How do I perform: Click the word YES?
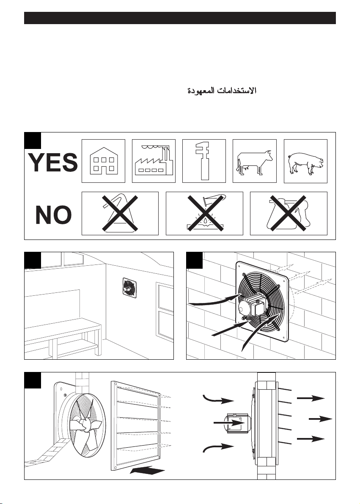click(53, 162)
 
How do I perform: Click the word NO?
click(53, 215)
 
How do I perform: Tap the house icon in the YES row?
click(104, 161)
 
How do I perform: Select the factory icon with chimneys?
click(154, 161)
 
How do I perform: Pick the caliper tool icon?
click(204, 161)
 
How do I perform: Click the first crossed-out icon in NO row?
click(120, 213)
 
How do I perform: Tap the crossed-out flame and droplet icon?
click(204, 213)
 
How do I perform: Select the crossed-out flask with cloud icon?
click(289, 213)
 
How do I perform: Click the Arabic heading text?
click(222, 91)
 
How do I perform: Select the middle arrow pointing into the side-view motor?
click(229, 423)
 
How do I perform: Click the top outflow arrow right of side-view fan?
click(311, 398)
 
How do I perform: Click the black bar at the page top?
click(180, 18)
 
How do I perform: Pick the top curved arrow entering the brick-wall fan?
click(214, 300)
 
